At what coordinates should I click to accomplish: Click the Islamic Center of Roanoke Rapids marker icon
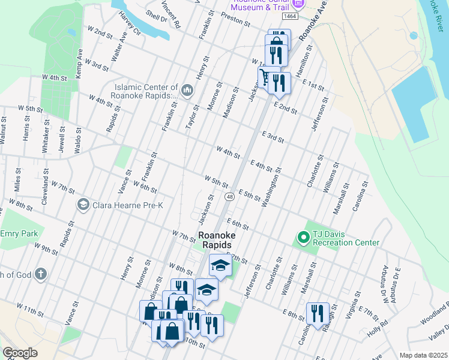[x=187, y=91]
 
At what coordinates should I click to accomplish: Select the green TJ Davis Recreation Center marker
[x=304, y=238]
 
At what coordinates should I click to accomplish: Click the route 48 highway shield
[x=230, y=197]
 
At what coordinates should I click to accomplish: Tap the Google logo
[x=20, y=353]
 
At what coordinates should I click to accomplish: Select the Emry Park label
[x=19, y=233]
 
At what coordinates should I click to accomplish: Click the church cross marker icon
[x=40, y=275]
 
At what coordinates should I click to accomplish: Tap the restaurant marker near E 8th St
[x=318, y=313]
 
